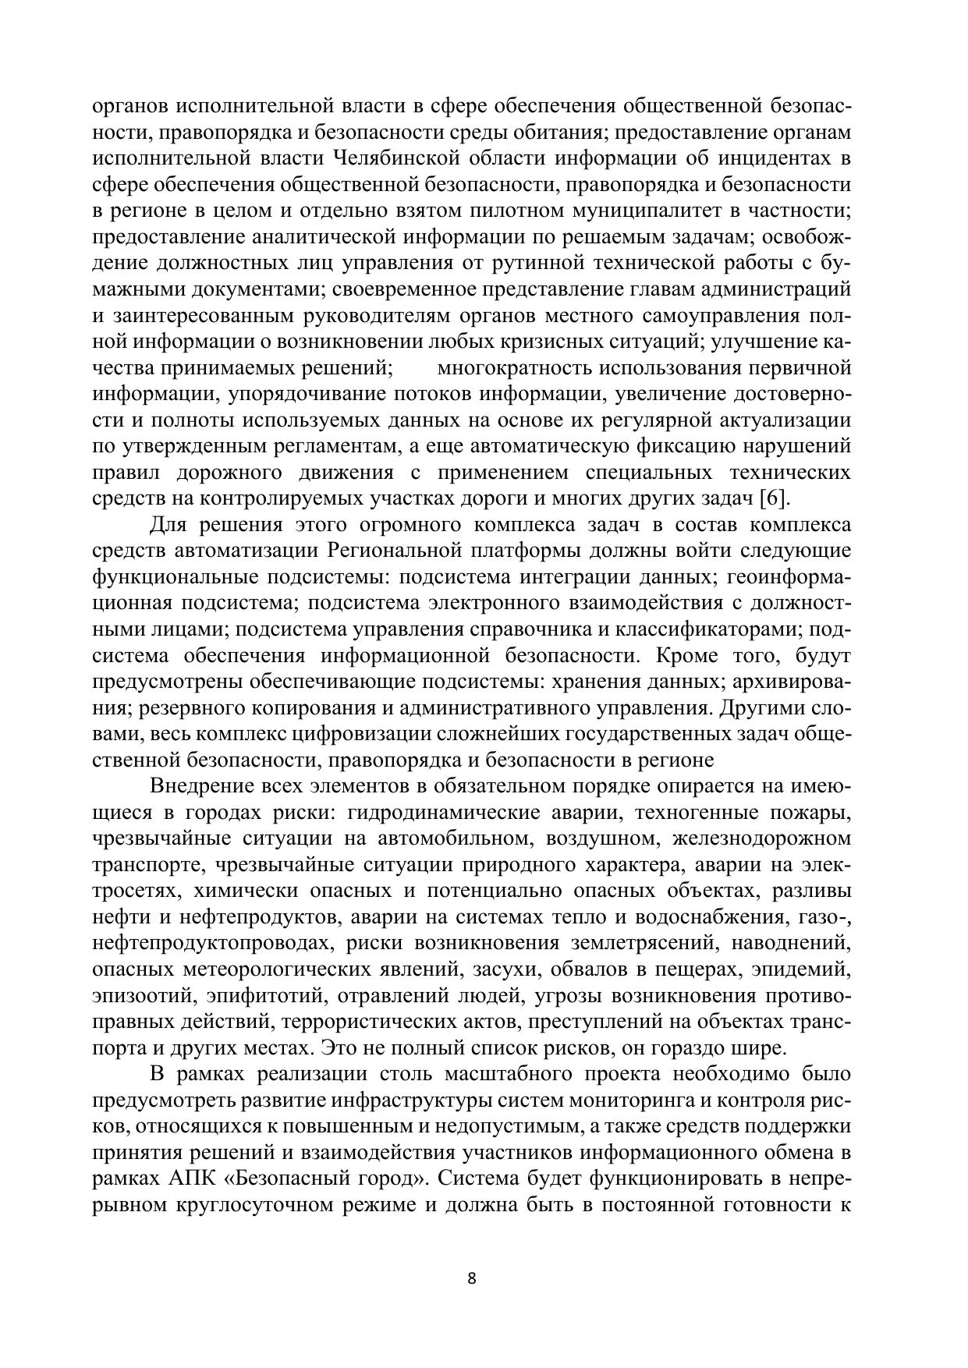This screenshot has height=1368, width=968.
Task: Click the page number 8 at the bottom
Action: coord(470,1278)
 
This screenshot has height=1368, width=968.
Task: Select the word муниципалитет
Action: coord(662,211)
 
